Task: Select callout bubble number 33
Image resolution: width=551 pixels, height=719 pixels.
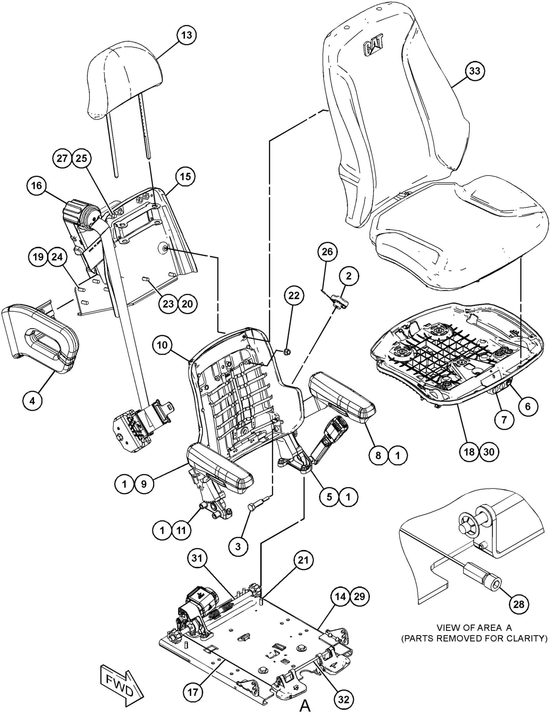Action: point(475,71)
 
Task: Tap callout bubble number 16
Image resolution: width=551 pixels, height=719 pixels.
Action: point(37,186)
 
